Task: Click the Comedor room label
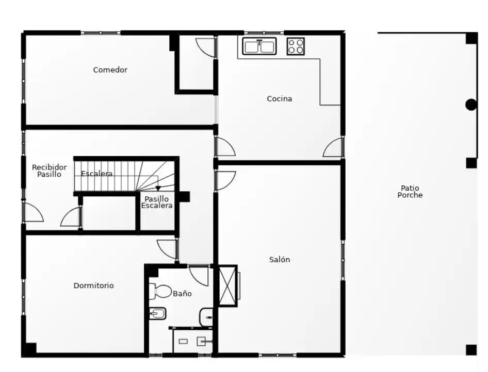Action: tap(110, 70)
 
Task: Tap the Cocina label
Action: tap(280, 99)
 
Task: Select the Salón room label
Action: tap(280, 260)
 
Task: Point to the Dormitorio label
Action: tap(94, 285)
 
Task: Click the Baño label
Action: tap(183, 293)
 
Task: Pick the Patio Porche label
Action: tap(410, 192)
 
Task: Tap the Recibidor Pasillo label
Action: tap(49, 171)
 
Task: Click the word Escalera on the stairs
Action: tap(96, 174)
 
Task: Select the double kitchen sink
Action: tap(259, 46)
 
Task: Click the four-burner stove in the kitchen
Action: tap(296, 46)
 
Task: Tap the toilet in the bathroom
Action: tap(160, 291)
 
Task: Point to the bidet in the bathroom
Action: tap(157, 314)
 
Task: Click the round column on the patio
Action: tap(471, 105)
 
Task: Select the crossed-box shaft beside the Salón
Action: tap(228, 285)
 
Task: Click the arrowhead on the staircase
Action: tap(158, 188)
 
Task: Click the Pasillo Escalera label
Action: tap(157, 202)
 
